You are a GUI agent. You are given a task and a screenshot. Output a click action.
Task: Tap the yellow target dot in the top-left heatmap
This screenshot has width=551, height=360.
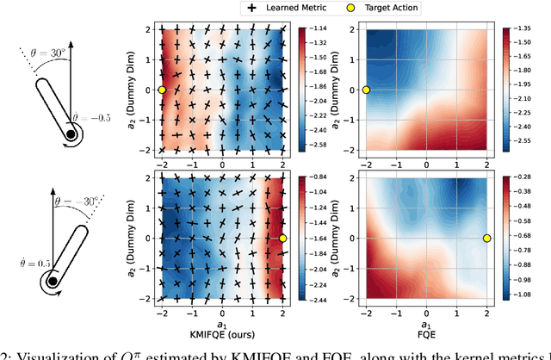[x=162, y=90]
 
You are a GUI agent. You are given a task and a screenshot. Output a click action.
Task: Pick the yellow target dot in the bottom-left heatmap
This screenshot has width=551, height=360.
[x=283, y=238]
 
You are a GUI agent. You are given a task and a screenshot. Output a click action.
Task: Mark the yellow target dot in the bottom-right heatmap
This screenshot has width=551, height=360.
[x=486, y=238]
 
